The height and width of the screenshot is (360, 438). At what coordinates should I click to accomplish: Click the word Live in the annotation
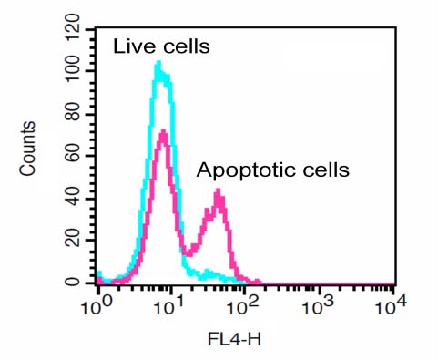(x=131, y=46)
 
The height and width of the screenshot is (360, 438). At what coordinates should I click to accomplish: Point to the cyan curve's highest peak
(x=158, y=63)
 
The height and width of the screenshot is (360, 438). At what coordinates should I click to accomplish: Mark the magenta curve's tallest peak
(x=163, y=132)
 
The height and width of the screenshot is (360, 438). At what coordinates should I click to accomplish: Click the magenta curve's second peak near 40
(x=219, y=191)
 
